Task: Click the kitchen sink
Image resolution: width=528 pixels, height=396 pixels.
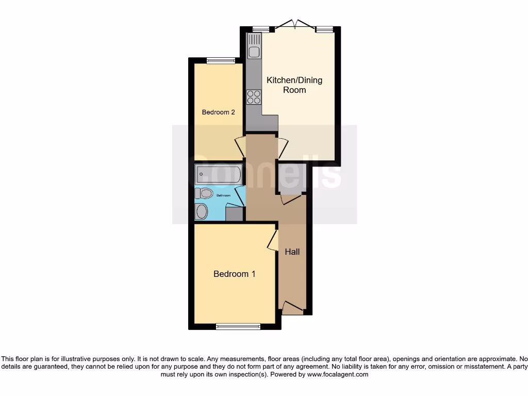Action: (x=254, y=45)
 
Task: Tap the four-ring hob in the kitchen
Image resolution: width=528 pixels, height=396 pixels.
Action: (x=254, y=97)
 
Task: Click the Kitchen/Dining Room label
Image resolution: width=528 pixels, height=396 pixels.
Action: (x=294, y=85)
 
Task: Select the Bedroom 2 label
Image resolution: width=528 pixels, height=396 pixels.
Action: (x=219, y=112)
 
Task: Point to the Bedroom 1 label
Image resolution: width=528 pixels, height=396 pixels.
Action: (x=235, y=274)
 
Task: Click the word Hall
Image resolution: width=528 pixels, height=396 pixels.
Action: (x=292, y=252)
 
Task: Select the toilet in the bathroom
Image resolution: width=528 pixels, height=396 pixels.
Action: (x=204, y=193)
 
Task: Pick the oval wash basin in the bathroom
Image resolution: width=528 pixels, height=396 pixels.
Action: (x=202, y=211)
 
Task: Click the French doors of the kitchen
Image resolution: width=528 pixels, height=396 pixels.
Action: (x=294, y=25)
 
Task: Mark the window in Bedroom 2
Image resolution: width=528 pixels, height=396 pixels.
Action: (x=221, y=61)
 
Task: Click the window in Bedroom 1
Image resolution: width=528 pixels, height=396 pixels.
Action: (x=238, y=326)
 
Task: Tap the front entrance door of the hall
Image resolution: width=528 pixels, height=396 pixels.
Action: (x=292, y=308)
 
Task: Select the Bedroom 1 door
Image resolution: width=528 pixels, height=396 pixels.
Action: (x=272, y=239)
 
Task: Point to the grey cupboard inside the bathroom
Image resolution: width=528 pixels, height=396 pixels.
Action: (x=234, y=214)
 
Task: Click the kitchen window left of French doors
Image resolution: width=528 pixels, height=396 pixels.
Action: (x=261, y=29)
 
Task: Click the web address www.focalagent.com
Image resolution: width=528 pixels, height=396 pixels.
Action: (x=338, y=374)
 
